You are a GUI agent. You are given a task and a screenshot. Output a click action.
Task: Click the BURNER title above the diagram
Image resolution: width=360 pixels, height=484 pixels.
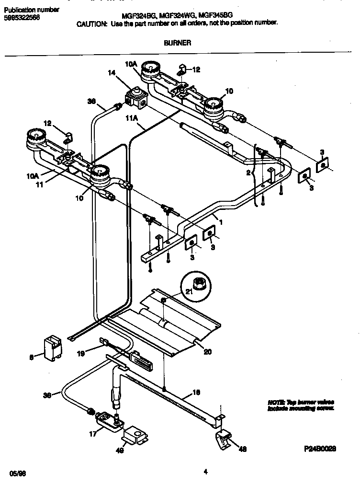click(x=178, y=43)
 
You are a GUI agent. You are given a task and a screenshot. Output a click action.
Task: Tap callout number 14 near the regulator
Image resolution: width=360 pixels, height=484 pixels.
click(x=112, y=73)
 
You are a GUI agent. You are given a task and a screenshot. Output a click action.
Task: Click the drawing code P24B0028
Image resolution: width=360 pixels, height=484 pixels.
click(x=319, y=450)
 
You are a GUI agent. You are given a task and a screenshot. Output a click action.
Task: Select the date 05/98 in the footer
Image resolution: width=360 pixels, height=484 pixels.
click(x=17, y=472)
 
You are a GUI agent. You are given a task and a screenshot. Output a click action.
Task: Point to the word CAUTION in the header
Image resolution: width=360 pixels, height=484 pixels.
click(x=92, y=23)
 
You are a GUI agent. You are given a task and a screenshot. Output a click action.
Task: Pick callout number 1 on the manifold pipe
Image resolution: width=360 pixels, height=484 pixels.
click(x=221, y=222)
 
